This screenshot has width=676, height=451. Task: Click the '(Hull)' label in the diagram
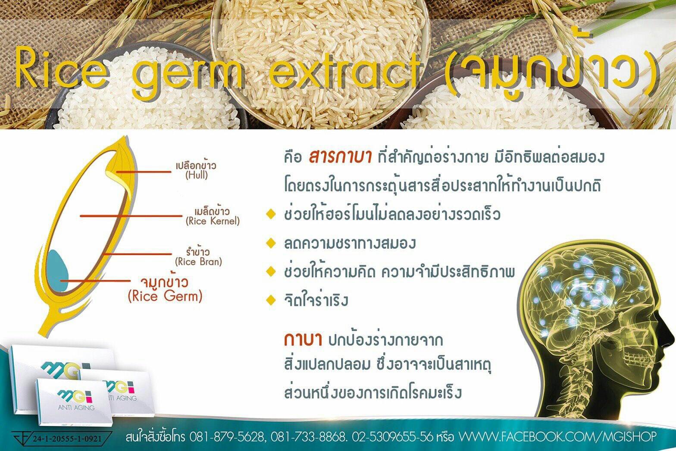click(197, 175)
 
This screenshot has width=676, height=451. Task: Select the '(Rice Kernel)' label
click(213, 221)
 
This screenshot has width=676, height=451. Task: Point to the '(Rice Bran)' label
click(199, 261)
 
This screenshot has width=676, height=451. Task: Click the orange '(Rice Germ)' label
click(165, 296)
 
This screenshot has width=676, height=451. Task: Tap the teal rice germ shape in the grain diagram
click(57, 270)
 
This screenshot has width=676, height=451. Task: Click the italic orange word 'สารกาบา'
click(340, 157)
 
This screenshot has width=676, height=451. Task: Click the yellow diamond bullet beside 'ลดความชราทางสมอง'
click(271, 243)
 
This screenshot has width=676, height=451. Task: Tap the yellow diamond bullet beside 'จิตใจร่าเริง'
click(271, 300)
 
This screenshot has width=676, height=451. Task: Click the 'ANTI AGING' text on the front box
click(76, 407)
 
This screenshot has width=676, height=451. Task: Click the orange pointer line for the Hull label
click(144, 172)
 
